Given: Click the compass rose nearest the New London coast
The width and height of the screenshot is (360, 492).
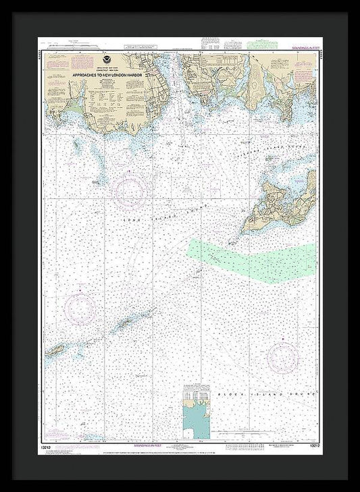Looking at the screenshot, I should tap(130, 192).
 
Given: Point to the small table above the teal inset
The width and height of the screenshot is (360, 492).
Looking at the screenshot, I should tap(195, 395).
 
